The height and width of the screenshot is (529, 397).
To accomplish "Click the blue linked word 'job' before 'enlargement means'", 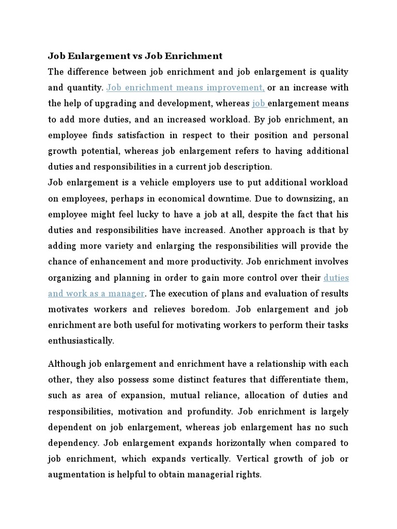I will click(259, 103).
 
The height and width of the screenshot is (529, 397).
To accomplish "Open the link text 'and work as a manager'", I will click(96, 293).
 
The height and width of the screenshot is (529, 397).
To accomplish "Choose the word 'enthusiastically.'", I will click(81, 341).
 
